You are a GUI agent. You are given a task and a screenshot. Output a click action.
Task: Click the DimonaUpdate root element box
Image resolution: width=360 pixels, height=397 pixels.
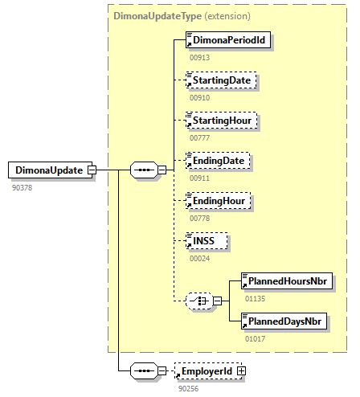50,170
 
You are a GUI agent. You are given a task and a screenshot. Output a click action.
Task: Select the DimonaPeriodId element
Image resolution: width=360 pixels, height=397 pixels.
228,40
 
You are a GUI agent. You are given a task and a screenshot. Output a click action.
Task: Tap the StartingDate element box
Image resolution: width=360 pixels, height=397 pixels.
221,80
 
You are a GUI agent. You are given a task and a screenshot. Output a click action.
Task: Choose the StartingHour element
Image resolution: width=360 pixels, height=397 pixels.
222,121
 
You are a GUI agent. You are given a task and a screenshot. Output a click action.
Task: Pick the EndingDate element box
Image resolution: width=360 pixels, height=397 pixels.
218,161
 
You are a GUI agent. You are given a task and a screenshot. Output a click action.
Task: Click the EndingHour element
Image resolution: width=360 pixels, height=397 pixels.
219,201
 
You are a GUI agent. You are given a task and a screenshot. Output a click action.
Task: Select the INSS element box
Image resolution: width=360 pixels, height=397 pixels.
207,241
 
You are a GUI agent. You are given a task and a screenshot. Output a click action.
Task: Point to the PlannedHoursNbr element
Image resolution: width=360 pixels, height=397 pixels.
287,281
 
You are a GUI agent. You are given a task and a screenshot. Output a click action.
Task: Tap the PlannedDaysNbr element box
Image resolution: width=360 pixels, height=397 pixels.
284,321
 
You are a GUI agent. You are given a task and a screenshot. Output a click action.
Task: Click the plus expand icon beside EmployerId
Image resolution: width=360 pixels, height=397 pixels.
241,371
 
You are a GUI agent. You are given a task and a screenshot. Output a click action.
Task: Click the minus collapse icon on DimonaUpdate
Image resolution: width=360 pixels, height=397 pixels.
92,170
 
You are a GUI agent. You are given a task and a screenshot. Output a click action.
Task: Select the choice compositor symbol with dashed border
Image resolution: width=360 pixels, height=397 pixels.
199,301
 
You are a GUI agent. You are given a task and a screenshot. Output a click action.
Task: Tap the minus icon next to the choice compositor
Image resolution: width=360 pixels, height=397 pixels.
218,301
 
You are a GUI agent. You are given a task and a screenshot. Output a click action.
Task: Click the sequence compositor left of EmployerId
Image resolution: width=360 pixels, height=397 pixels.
144,371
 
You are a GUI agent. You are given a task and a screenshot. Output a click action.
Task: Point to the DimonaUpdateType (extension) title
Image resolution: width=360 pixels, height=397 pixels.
182,16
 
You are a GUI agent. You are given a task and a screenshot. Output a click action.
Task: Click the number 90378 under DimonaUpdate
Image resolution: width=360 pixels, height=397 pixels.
22,188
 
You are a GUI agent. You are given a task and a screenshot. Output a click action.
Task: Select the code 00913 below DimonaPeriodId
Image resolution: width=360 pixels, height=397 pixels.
200,58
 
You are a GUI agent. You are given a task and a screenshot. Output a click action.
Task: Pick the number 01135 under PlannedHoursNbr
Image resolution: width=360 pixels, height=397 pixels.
256,299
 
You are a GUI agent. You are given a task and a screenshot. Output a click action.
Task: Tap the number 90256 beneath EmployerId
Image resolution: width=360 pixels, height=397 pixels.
189,389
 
